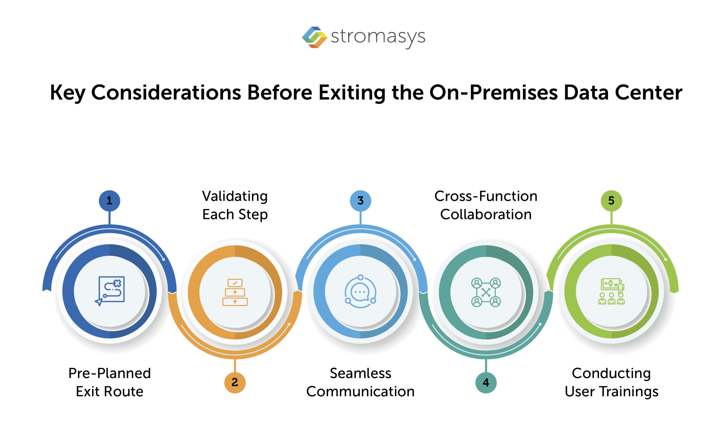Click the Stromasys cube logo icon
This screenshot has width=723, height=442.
click(314, 37)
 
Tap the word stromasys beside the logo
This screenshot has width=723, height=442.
click(378, 37)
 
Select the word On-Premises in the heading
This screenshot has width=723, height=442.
click(493, 93)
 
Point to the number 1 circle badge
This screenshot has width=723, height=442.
click(110, 201)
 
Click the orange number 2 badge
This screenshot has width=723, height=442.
click(235, 382)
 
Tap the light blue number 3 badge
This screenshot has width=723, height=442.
click(360, 201)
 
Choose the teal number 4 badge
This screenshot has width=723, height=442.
click(486, 382)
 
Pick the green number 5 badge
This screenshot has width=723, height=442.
click(611, 201)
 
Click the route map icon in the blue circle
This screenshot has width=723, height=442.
click(110, 291)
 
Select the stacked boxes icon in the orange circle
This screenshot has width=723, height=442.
click(235, 292)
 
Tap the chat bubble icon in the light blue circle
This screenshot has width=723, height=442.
click(360, 291)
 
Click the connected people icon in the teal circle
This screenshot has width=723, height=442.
click(486, 292)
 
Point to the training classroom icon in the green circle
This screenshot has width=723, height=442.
click(611, 291)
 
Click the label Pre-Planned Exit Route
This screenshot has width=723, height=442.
click(110, 382)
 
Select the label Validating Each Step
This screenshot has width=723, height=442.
click(235, 205)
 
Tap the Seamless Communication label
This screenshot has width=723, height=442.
click(360, 382)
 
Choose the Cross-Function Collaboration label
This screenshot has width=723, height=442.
click(486, 205)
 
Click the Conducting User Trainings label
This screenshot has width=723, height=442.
click(611, 382)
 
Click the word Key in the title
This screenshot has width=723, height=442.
click(67, 93)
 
